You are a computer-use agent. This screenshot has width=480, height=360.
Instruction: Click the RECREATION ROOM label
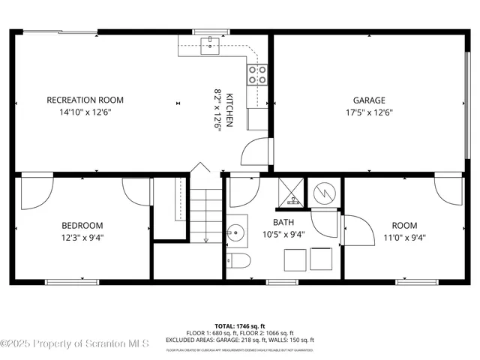[x=85, y=100]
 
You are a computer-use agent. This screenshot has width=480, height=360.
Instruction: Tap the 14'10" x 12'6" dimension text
[x=85, y=112]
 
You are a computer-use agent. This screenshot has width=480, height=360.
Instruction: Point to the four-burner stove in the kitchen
[x=257, y=73]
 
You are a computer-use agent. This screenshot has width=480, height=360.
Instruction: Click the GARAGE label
[x=369, y=100]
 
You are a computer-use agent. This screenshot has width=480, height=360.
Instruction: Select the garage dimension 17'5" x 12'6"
[x=369, y=112]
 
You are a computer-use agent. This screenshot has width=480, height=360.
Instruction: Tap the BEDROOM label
[x=82, y=225]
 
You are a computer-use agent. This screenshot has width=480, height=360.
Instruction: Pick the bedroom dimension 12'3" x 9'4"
[x=82, y=238]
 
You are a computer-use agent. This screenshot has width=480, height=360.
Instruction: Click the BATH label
[x=283, y=222]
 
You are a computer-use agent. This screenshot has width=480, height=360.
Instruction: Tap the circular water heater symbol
[x=325, y=193]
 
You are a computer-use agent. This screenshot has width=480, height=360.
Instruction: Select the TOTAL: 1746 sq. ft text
[x=240, y=325]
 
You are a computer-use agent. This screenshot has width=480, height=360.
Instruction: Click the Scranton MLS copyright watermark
[x=75, y=343]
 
